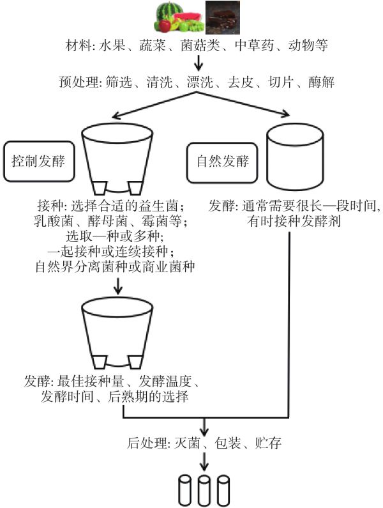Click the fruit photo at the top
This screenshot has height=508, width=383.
coord(179,17)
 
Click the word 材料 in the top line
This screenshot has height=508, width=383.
coord(79,47)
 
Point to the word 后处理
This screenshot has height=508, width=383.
coord(142,442)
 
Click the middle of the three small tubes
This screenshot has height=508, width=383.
coord(204,489)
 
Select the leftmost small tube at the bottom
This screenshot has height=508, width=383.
coord(186,489)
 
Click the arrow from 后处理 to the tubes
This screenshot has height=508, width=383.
coord(204,461)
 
